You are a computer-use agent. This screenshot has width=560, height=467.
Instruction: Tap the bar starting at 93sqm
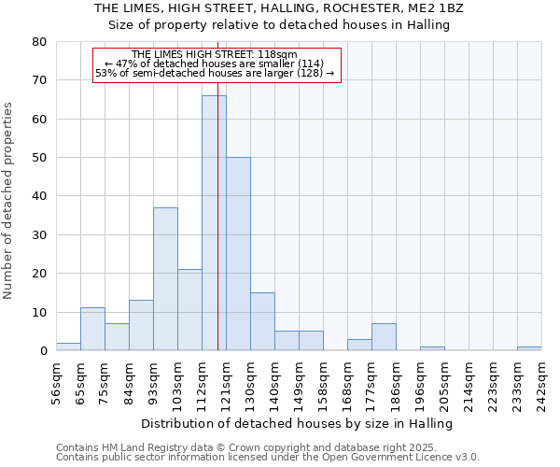pos(165,279)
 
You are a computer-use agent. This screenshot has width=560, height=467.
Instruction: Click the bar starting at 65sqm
pos(92,329)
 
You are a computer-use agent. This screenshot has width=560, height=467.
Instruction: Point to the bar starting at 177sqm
pos(384,337)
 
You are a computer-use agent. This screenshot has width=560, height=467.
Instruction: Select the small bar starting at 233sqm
pos(529,348)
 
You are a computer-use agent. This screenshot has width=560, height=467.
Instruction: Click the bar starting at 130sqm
pos(262,321)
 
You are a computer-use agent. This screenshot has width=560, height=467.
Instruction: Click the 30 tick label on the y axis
pos(39,234)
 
